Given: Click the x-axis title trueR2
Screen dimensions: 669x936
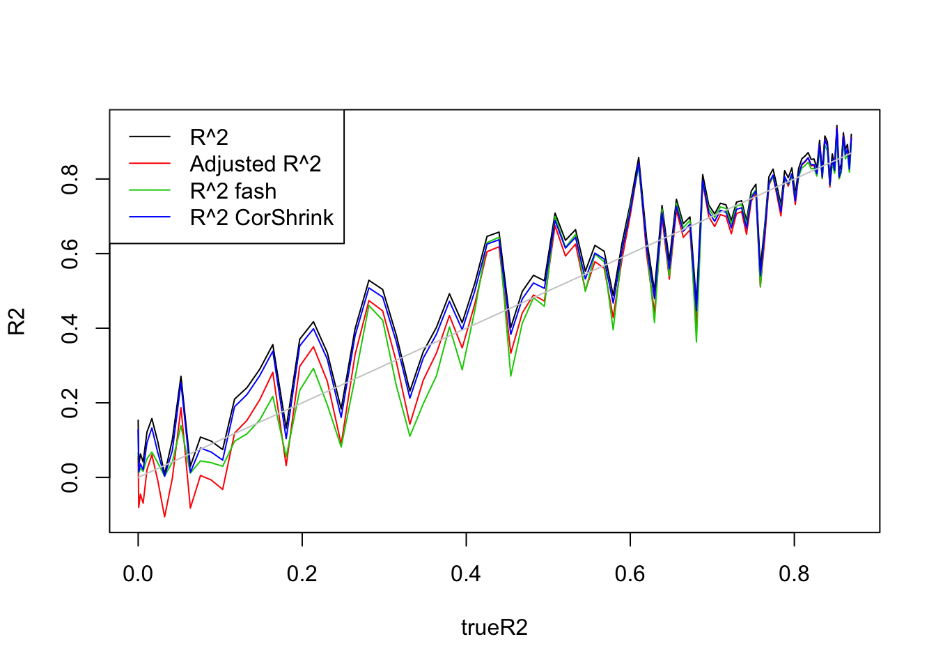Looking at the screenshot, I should [494, 628].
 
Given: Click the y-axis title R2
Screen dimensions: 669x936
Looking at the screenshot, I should [17, 321].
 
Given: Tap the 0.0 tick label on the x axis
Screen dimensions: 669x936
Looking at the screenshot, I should [138, 574].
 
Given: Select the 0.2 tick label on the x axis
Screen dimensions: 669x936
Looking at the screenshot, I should [302, 574].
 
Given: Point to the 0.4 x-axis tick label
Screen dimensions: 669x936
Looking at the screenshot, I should [466, 574].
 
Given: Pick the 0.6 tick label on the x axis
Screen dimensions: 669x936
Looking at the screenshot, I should [630, 574].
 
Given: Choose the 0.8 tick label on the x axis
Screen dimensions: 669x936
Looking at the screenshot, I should [794, 574].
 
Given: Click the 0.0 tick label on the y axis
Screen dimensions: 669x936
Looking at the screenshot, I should [70, 477].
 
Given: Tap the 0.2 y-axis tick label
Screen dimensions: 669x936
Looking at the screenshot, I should [70, 403].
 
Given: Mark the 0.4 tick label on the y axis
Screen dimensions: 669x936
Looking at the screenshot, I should [70, 328].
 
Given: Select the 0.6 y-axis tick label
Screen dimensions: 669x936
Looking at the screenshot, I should [70, 254].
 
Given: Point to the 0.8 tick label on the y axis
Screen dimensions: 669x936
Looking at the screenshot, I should [70, 179].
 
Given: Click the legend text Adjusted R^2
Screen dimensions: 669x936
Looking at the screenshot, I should [256, 164].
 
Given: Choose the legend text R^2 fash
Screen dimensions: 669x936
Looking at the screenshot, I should [233, 191].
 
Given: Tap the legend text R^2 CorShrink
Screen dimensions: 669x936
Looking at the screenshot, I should [262, 217].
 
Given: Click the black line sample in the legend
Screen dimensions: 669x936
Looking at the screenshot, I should [150, 137].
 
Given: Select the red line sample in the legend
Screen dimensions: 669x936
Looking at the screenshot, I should [150, 164].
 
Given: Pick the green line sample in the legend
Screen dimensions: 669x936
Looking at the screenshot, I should [150, 191].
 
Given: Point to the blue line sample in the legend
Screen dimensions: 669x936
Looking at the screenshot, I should [150, 217].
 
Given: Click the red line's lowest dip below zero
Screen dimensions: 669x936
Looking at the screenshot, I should [164, 516].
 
